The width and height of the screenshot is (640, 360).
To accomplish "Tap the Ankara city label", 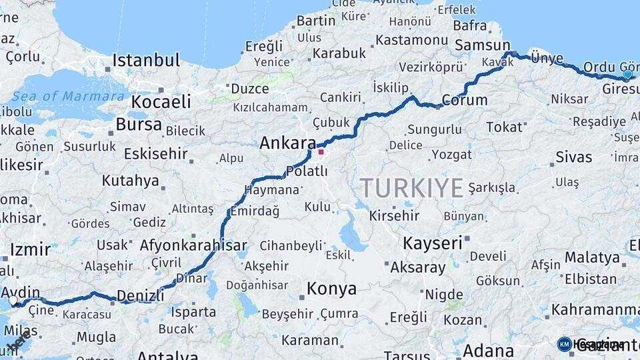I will click(x=287, y=143).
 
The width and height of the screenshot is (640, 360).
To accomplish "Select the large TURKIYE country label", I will click(x=411, y=188).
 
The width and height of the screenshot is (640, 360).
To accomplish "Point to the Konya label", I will click(x=331, y=289).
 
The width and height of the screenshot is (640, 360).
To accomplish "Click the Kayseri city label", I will click(x=432, y=243).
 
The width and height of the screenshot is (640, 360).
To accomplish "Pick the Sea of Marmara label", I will click(x=68, y=96).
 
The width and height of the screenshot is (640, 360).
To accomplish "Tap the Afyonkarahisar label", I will click(x=193, y=245).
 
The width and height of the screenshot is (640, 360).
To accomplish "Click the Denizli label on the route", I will click(x=140, y=296).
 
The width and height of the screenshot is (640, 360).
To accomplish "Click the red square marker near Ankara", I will click(x=321, y=152).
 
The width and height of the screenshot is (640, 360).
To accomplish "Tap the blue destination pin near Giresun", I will click(x=627, y=75).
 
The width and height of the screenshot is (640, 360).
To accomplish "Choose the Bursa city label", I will click(x=139, y=125).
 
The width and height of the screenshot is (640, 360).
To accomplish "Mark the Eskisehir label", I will click(x=156, y=154).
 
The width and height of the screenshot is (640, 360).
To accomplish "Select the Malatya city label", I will click(x=592, y=257).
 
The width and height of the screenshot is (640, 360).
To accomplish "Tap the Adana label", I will click(x=488, y=351).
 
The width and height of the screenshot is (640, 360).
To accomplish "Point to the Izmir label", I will click(x=30, y=250).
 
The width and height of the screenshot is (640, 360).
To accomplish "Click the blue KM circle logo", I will click(x=564, y=344).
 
